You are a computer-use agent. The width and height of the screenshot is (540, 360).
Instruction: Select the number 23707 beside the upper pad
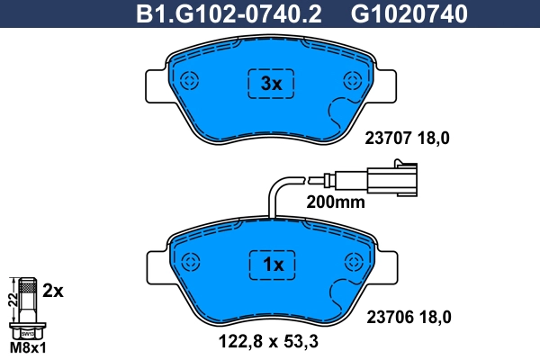(x=387, y=138)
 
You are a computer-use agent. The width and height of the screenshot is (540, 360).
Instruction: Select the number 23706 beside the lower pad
(x=387, y=316)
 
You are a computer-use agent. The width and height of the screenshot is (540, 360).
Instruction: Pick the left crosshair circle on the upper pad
(x=189, y=81)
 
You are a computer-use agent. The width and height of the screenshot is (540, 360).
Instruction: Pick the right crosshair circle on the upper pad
(x=351, y=81)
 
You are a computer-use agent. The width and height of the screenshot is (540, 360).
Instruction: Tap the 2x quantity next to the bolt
(x=54, y=291)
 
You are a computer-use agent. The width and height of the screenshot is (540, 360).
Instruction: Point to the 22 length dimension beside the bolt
(x=12, y=300)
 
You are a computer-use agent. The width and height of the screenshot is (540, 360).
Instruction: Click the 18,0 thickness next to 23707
(x=431, y=138)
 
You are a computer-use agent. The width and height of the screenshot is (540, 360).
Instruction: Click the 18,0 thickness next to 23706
(x=431, y=316)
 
